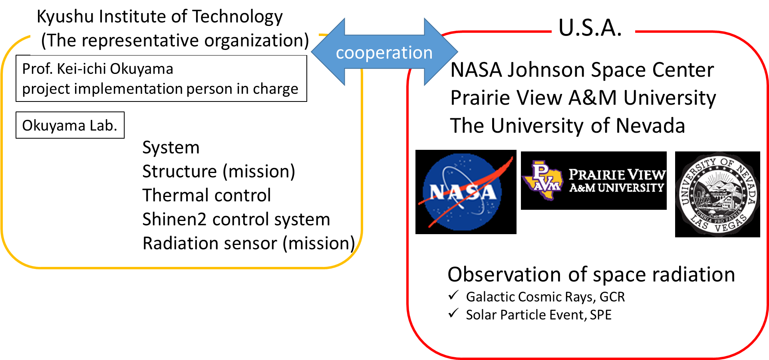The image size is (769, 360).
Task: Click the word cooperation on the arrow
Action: (384, 53)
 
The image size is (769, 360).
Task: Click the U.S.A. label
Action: (590, 28)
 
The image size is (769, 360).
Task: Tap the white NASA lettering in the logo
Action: (463, 193)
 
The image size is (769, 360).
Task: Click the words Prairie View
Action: (617, 175)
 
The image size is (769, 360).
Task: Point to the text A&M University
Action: (617, 188)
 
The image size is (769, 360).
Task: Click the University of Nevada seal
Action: (718, 194)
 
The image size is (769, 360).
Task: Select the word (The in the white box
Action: (59, 41)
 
